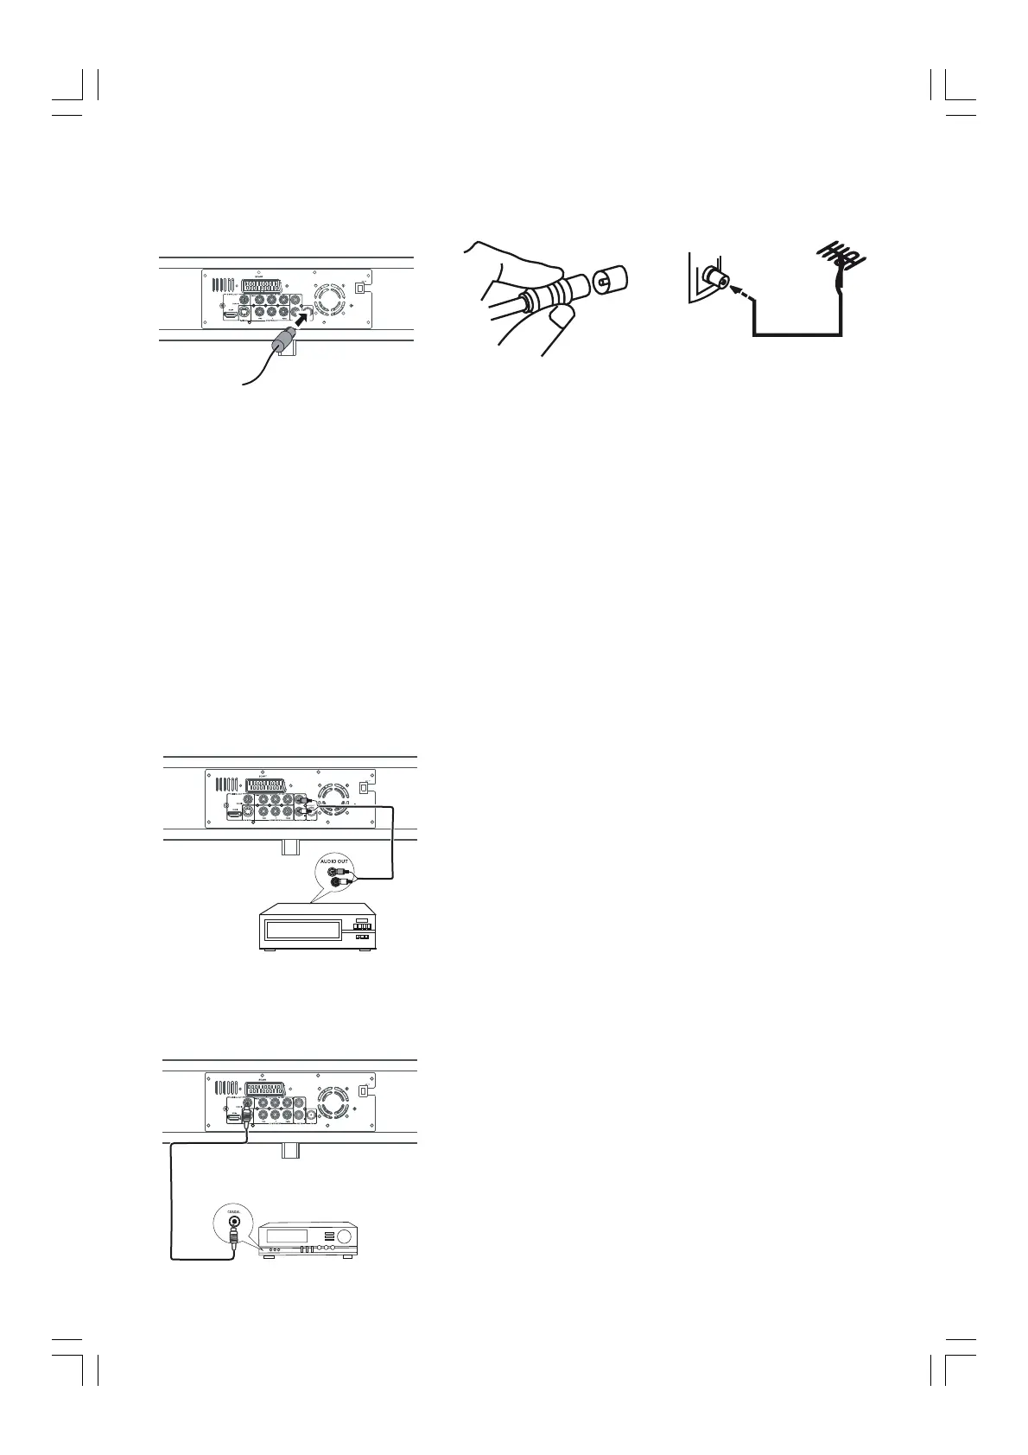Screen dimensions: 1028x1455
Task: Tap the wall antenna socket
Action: click(715, 276)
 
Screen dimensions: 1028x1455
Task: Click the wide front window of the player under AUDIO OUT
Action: click(302, 931)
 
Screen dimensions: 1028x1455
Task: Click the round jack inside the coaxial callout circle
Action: click(233, 1226)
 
